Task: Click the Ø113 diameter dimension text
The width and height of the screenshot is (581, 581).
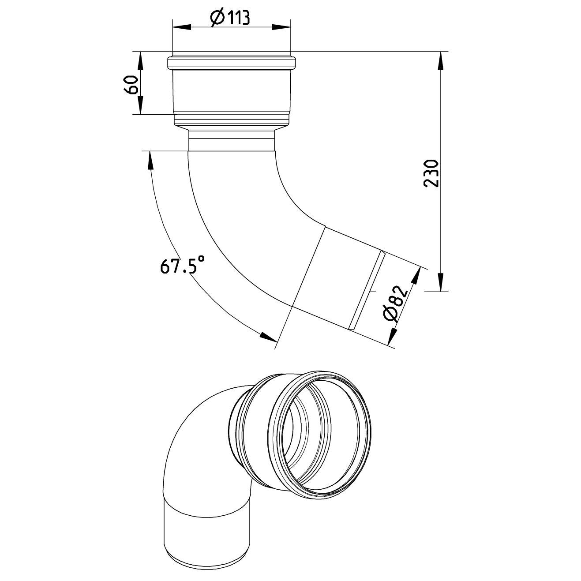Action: [230, 18]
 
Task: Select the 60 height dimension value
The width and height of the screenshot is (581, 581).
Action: [131, 84]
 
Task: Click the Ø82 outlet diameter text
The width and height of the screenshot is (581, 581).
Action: [394, 305]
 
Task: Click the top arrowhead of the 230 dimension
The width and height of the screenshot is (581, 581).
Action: [441, 60]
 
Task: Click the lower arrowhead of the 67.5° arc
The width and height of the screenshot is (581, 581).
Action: [269, 337]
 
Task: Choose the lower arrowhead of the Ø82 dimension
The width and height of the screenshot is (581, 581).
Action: [390, 337]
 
